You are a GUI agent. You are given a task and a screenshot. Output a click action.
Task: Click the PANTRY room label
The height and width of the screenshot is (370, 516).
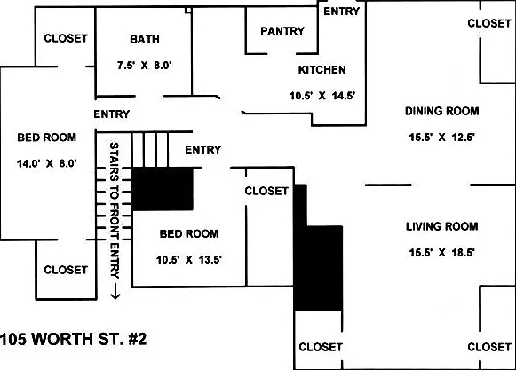pos(282,31)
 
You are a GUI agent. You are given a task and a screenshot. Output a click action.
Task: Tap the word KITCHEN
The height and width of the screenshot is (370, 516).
pos(322,70)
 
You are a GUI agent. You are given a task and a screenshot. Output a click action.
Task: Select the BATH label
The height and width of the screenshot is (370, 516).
pos(145,39)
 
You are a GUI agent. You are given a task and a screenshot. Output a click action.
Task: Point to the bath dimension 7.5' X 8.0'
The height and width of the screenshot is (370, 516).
pos(145,65)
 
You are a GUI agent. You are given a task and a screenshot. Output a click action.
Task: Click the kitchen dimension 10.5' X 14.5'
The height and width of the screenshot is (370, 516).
pos(322,96)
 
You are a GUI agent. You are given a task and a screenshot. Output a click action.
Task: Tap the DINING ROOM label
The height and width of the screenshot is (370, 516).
pos(441,111)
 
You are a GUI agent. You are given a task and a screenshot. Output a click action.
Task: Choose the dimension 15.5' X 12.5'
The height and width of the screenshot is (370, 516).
pos(441,137)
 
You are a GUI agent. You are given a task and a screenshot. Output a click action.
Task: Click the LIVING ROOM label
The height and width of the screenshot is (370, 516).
pos(441,226)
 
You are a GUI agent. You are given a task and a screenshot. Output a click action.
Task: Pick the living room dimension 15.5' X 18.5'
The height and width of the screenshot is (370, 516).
pos(441,252)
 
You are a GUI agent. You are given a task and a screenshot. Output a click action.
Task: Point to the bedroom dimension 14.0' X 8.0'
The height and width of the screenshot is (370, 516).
pos(47,163)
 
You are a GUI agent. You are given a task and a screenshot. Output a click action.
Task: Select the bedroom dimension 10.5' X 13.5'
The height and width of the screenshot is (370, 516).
pos(189,260)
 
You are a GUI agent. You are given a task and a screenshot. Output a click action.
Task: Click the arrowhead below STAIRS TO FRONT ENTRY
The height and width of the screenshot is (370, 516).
pos(115,296)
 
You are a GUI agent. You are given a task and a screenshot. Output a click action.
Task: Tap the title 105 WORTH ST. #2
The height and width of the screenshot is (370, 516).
pos(73,339)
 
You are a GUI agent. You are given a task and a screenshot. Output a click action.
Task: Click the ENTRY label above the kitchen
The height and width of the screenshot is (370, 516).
pos(342,12)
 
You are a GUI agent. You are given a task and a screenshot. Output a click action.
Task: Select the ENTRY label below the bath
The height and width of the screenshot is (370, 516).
pos(112,114)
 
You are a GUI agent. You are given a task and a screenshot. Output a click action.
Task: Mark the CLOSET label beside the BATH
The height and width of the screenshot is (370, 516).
pos(66,38)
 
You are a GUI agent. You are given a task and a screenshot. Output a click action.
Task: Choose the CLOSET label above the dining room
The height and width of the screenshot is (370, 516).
pos(489,23)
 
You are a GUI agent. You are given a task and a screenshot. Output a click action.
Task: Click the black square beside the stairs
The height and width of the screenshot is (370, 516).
pos(163,189)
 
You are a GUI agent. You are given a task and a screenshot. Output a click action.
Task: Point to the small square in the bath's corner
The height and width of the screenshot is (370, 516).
pos(188,10)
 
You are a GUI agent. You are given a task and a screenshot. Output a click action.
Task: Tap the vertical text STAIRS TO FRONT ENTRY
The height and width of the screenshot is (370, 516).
pos(115,210)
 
